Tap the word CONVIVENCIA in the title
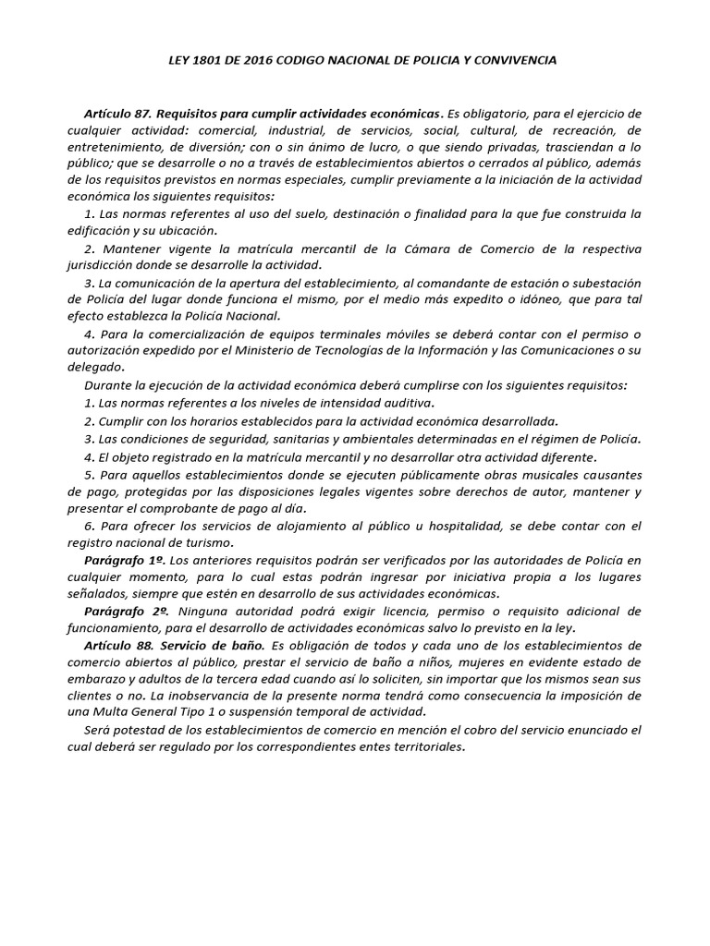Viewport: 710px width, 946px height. coord(516,60)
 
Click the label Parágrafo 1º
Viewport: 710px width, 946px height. coord(120,560)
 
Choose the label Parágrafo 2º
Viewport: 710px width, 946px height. coord(120,611)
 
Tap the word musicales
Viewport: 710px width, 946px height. coord(532,475)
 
